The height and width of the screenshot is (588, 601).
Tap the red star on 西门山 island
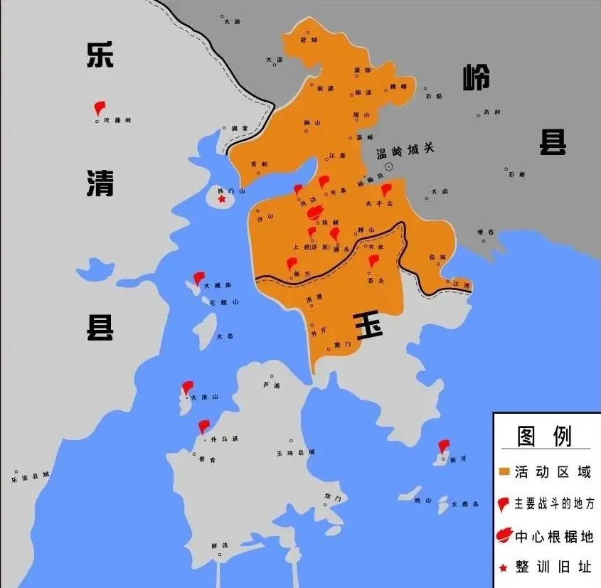click(x=222, y=200)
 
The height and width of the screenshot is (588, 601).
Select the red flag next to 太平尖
click(x=386, y=190)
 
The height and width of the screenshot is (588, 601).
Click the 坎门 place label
click(x=333, y=496)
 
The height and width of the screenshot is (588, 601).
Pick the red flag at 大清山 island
click(x=187, y=388)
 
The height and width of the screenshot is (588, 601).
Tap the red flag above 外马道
click(x=204, y=427)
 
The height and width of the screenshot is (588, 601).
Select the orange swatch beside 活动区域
click(x=504, y=471)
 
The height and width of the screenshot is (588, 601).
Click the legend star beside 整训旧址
click(x=504, y=567)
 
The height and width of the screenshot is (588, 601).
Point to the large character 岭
click(x=476, y=77)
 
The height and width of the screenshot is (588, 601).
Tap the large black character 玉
click(x=368, y=326)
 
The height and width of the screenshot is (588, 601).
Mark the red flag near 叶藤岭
click(x=100, y=108)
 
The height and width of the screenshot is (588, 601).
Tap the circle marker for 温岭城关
click(x=389, y=165)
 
